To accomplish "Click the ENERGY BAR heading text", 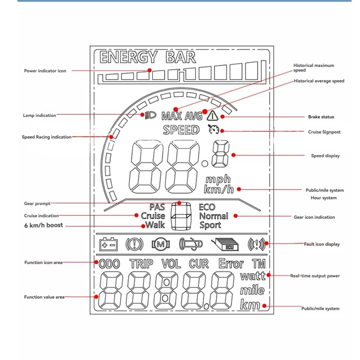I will (x=148, y=58).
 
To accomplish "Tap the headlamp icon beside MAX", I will (x=150, y=116).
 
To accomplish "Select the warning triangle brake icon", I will (x=211, y=116).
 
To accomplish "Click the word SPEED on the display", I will (x=181, y=130).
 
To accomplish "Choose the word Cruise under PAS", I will (x=153, y=216).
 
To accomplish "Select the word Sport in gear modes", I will (x=210, y=225).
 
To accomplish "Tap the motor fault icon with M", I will (x=161, y=244).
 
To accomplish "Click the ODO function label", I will (x=109, y=264).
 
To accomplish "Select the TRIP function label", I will (x=141, y=264).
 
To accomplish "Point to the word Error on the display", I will (x=231, y=264).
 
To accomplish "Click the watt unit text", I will (x=253, y=276).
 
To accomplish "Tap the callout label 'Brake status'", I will (x=321, y=117).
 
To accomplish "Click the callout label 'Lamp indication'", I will (x=40, y=116).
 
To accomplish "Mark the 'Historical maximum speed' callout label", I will (x=314, y=68).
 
